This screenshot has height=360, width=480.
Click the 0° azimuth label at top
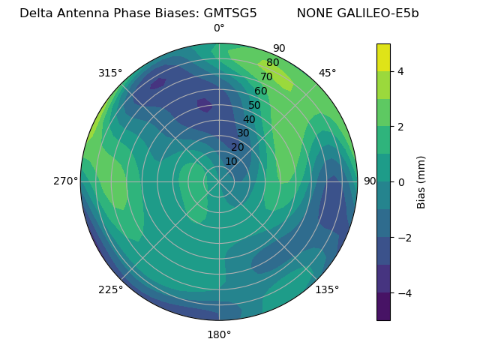coord(219,28)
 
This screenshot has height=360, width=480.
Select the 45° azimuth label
coord(327,73)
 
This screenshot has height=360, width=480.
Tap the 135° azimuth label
coord(327,289)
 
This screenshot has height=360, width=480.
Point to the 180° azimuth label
coord(219,334)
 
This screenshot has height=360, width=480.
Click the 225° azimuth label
coord(110,289)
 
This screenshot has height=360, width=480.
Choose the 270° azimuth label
coord(66,181)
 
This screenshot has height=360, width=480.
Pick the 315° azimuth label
coord(110,73)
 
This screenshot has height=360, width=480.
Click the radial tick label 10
coord(231,161)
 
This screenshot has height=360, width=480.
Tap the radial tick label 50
coord(255,106)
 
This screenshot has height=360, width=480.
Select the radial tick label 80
coord(273,63)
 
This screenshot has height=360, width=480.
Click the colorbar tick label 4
coord(401,71)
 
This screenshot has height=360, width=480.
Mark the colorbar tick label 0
coord(401,182)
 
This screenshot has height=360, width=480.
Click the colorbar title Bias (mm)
coord(421,182)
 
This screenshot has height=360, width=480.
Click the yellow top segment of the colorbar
coord(383,57)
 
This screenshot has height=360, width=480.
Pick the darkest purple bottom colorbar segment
coord(383,307)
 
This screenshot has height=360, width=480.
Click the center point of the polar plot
coord(219,181)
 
